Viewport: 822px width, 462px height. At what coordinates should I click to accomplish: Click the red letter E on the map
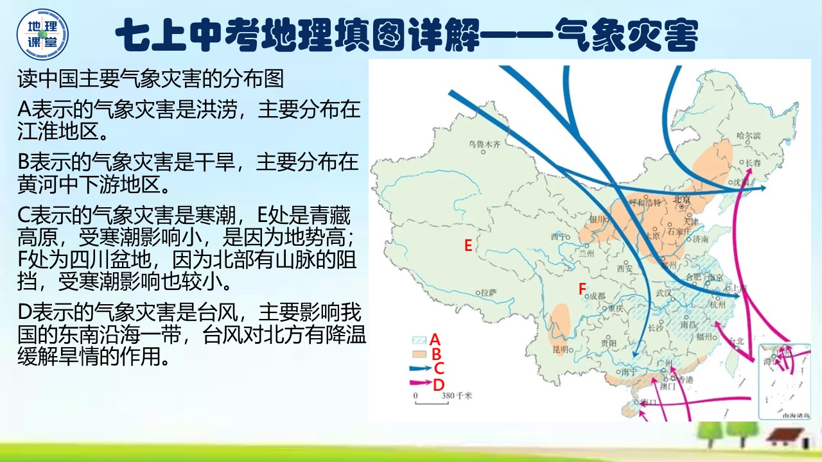[x=468, y=245]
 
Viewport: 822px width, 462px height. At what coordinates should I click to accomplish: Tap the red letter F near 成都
[x=582, y=289]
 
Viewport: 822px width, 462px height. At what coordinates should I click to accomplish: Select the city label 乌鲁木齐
[x=484, y=144]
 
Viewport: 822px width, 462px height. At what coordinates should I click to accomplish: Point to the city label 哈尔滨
[x=749, y=136]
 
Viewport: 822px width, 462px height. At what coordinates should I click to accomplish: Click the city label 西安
[x=625, y=268]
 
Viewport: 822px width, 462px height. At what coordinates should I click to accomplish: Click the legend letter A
[x=435, y=339]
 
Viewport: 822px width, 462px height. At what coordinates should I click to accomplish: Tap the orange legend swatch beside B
[x=419, y=353]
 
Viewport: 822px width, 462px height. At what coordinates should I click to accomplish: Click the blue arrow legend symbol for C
[x=421, y=368]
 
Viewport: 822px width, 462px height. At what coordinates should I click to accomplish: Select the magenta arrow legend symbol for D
[x=421, y=383]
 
